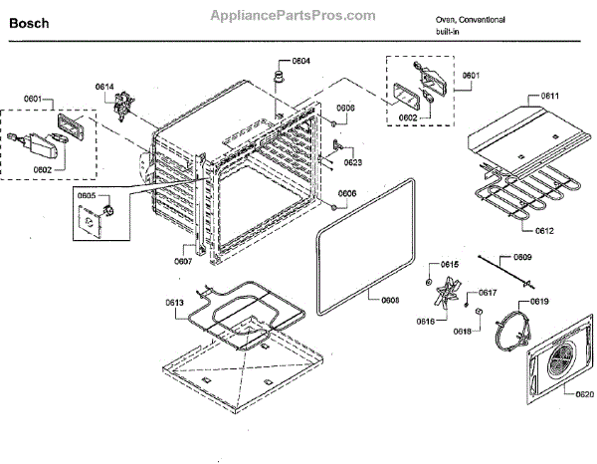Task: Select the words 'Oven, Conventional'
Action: click(x=470, y=20)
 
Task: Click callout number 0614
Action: click(x=104, y=88)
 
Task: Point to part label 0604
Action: click(x=300, y=61)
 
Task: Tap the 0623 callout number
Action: click(x=352, y=161)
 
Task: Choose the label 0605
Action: click(x=86, y=196)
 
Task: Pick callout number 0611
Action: click(x=550, y=96)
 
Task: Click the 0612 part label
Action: click(x=544, y=230)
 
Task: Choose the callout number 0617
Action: click(x=488, y=292)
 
